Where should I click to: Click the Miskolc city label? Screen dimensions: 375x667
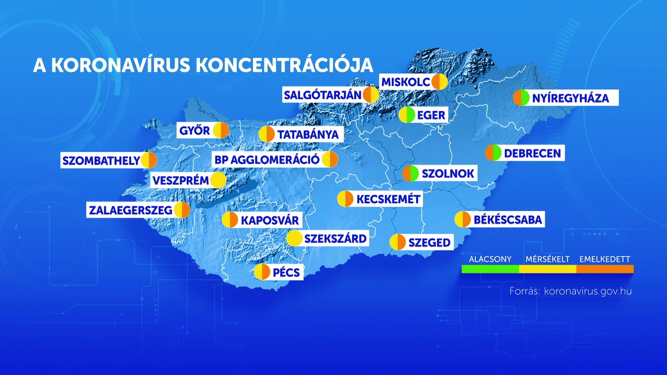[405, 82]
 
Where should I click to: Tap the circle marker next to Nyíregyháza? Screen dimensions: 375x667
[521, 98]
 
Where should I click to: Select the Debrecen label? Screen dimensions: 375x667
[532, 153]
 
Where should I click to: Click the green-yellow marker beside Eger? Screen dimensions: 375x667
[407, 115]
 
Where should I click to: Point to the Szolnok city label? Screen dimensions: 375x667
[448, 174]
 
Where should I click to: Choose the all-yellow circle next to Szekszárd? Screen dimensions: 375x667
[295, 239]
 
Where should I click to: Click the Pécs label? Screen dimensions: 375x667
[286, 272]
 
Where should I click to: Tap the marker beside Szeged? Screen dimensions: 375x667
[398, 242]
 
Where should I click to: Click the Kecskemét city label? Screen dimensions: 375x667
[388, 199]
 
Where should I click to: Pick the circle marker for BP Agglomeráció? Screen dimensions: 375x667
[330, 160]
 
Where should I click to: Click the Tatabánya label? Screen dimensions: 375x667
[308, 134]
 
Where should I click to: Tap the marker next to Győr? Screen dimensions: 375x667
[220, 131]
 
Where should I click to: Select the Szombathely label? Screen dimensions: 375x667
[101, 161]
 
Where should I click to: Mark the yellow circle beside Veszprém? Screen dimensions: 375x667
[218, 180]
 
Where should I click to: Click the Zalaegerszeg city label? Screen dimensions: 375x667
[130, 210]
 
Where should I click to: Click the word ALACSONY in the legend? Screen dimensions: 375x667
[490, 259]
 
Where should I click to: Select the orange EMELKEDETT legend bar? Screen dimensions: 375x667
[605, 269]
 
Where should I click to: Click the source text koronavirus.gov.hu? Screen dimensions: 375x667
[587, 291]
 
